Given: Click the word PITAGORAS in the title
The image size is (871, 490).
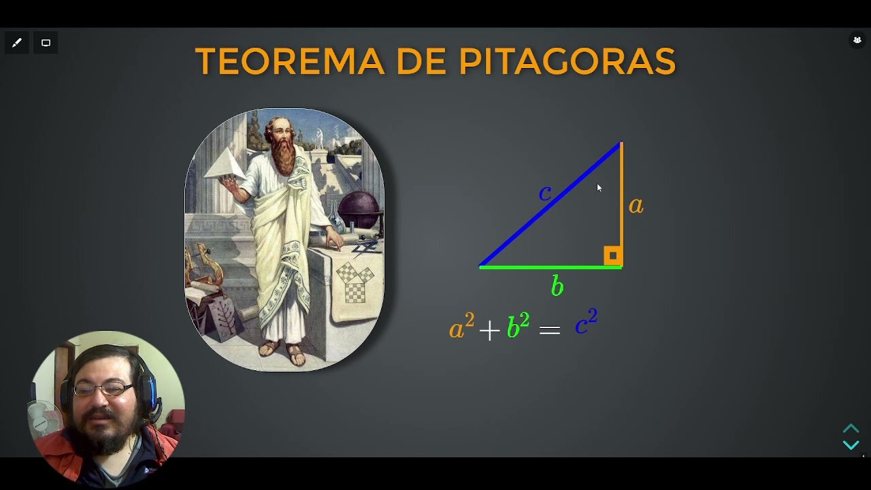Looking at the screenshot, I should [567, 62].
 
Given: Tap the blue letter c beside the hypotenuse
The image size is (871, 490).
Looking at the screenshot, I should [544, 193].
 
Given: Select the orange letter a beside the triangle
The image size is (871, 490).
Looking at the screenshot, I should [636, 205].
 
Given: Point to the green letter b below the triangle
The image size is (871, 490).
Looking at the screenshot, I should [557, 287].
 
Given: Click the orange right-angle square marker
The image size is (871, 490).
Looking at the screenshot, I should [612, 256].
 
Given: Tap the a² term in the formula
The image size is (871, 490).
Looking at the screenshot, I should [461, 327].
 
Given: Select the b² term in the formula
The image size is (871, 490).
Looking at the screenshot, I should [518, 327].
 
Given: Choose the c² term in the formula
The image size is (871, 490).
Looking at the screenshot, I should [585, 323].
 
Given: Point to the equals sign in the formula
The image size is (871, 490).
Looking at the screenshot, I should [549, 331].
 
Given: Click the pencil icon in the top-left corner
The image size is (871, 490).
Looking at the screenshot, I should [17, 43].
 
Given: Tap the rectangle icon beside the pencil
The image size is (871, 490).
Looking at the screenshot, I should [46, 43].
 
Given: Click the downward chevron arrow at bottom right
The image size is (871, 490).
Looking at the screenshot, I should [851, 445].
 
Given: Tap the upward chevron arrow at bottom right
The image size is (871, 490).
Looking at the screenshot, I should [851, 429].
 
